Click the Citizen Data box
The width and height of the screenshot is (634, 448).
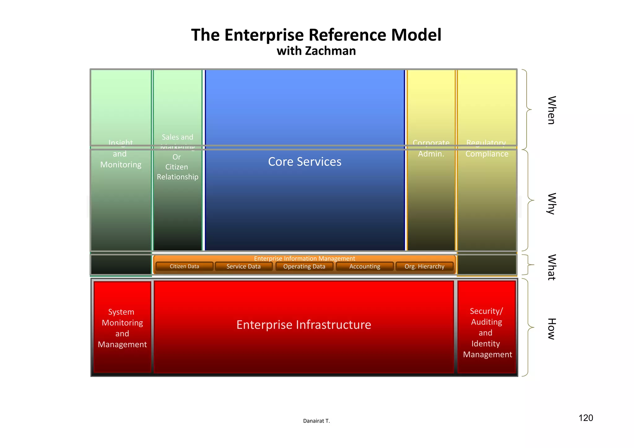tap(185, 266)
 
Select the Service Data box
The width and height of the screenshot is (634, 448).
tap(244, 266)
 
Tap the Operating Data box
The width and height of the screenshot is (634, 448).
tap(304, 266)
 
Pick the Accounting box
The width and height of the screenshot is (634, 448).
tap(365, 266)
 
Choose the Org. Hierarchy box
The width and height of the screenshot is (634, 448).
tap(424, 266)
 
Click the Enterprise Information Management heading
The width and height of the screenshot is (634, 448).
tap(305, 258)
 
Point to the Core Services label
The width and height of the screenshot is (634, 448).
tap(305, 162)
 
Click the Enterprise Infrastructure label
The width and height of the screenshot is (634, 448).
tap(304, 325)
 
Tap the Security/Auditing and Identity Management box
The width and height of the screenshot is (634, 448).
tap(487, 332)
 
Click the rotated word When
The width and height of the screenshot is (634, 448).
tap(551, 110)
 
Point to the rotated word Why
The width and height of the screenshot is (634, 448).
tap(551, 204)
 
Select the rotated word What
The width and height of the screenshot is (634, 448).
tap(551, 267)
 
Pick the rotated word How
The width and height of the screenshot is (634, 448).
tap(551, 329)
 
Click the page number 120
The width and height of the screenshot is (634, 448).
tap(586, 418)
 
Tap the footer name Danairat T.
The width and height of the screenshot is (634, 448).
tap(316, 421)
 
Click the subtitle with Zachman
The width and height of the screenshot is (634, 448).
tap(316, 51)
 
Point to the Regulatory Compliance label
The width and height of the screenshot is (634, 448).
tap(487, 149)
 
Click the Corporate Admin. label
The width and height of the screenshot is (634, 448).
tap(431, 149)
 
